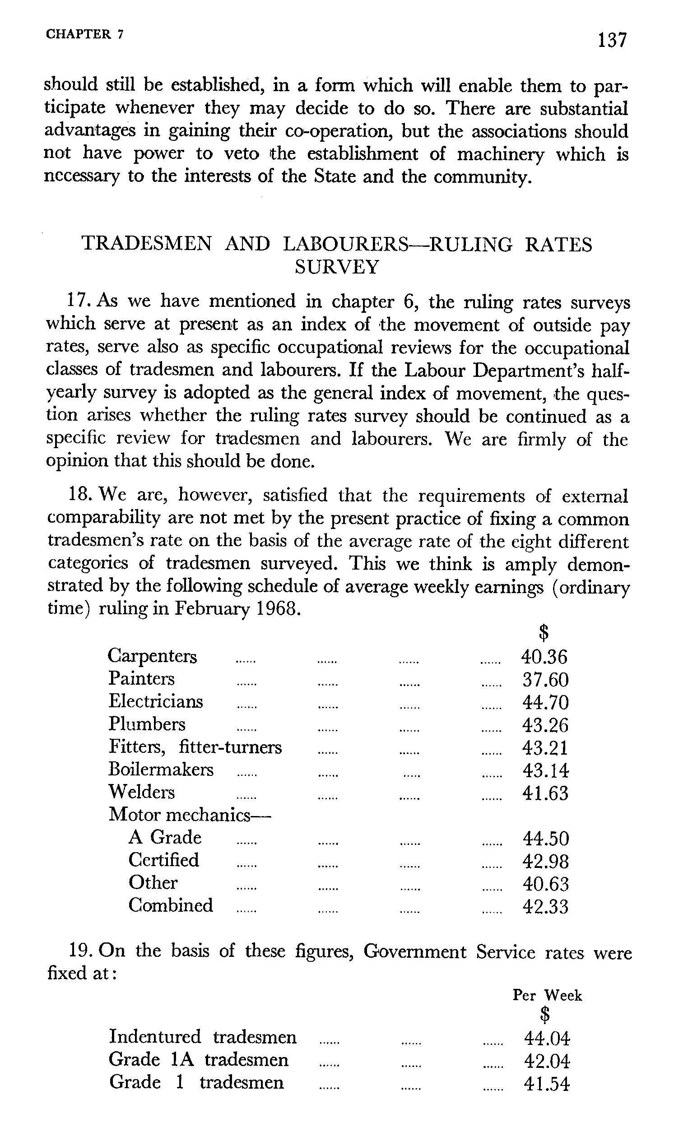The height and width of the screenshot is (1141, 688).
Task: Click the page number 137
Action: [x=612, y=40]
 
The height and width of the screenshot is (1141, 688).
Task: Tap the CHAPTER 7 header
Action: [x=84, y=35]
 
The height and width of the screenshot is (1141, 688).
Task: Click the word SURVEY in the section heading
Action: [x=337, y=267]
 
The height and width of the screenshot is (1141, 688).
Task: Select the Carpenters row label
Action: [x=153, y=656]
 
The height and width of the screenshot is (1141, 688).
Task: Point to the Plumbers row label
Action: [x=147, y=724]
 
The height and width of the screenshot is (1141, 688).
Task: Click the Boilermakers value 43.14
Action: [x=545, y=770]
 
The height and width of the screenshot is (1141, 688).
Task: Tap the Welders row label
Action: [x=142, y=792]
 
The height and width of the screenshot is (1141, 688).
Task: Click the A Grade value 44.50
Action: [x=545, y=838]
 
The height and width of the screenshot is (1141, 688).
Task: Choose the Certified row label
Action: [x=164, y=860]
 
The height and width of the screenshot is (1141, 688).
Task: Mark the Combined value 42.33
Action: [x=545, y=906]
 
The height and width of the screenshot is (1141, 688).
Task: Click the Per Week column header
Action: [x=547, y=995]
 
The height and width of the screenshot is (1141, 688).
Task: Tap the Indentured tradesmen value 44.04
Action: [x=547, y=1039]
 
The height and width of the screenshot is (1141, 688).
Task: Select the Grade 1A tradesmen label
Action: [x=199, y=1059]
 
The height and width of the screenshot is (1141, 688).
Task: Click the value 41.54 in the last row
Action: [x=547, y=1084]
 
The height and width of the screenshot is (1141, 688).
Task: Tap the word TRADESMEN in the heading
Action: [x=147, y=244]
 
